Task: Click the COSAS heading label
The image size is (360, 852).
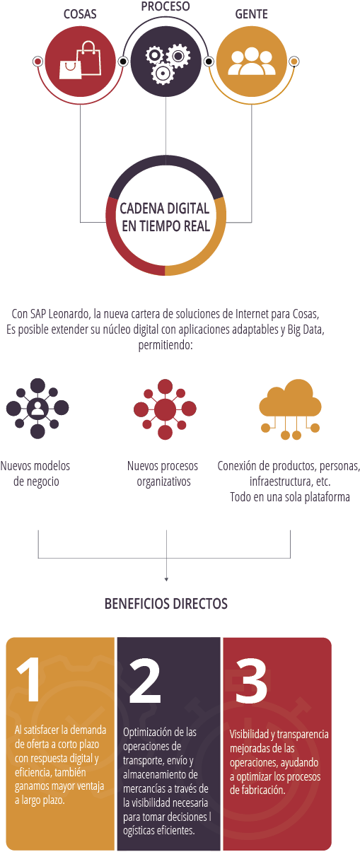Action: pyautogui.click(x=80, y=14)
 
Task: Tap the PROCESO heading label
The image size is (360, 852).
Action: pyautogui.click(x=166, y=6)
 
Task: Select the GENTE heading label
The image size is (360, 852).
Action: pyautogui.click(x=252, y=14)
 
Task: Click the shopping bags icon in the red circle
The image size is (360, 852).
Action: pyautogui.click(x=81, y=60)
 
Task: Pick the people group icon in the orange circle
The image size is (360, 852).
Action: pyautogui.click(x=252, y=61)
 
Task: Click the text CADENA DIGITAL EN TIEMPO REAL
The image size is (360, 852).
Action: pyautogui.click(x=166, y=217)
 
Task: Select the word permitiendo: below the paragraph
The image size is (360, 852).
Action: pyautogui.click(x=166, y=345)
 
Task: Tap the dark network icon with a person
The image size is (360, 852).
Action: pyautogui.click(x=37, y=409)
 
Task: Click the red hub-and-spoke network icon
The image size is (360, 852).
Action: pyautogui.click(x=166, y=409)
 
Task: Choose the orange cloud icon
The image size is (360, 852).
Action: pyautogui.click(x=290, y=409)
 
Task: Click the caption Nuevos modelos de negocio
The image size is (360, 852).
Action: pyautogui.click(x=35, y=474)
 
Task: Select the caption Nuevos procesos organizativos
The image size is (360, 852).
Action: pyautogui.click(x=163, y=474)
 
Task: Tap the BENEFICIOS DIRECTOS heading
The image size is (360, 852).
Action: pyautogui.click(x=166, y=604)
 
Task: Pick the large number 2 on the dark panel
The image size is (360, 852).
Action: pyautogui.click(x=144, y=680)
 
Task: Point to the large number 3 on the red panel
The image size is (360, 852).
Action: pyautogui.click(x=251, y=680)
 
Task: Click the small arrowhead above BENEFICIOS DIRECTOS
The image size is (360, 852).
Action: pyautogui.click(x=166, y=579)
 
